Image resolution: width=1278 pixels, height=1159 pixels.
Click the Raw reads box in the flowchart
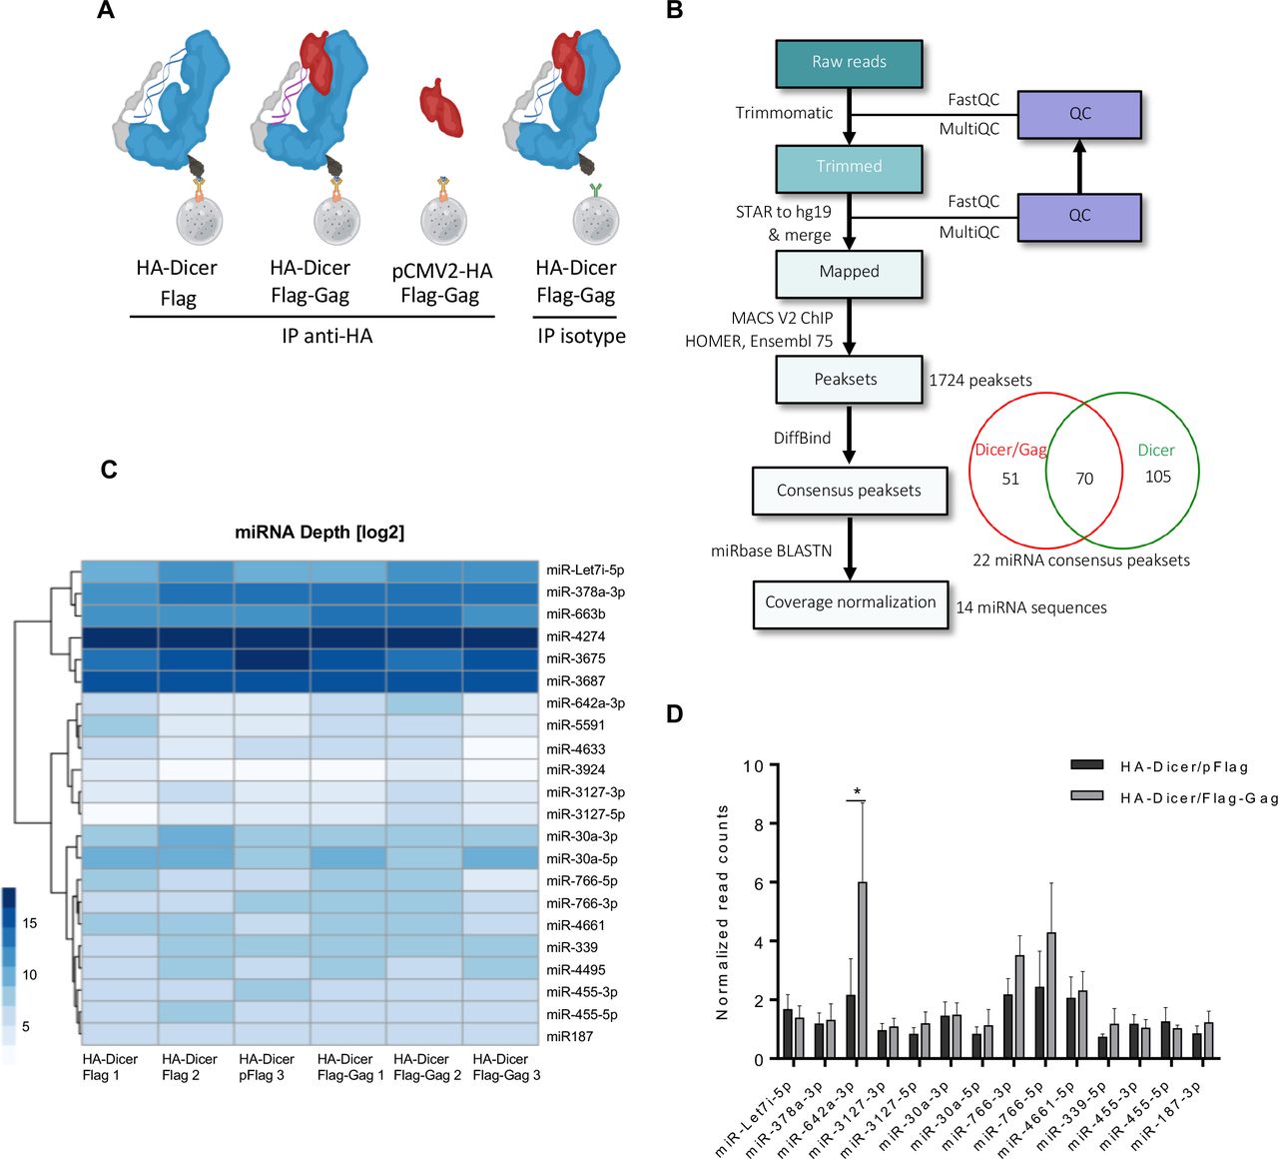coord(849,63)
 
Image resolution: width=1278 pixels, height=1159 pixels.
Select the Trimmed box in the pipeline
coord(849,167)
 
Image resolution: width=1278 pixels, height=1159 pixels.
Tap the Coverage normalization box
coord(850,602)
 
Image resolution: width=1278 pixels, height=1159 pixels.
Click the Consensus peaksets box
coord(849,491)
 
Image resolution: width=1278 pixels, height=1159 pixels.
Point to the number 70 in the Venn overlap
coord(1084,479)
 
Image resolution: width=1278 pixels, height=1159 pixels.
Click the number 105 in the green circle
coord(1157,477)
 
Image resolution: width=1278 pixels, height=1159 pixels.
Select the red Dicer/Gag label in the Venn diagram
coord(1010,450)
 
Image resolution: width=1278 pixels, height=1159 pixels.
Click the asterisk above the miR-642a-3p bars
coord(857,791)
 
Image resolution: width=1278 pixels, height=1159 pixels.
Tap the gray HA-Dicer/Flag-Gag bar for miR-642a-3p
coord(862,969)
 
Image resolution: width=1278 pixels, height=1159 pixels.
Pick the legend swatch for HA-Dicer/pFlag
coord(1086,766)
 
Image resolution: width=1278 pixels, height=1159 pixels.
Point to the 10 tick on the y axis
coord(753,766)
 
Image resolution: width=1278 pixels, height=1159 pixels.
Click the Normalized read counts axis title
coord(722,912)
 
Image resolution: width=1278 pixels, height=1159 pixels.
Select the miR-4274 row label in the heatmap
coord(575,636)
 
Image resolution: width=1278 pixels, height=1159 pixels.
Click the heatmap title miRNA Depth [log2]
coord(319,533)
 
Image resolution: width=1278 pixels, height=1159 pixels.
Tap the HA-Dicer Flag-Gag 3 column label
coord(506,1067)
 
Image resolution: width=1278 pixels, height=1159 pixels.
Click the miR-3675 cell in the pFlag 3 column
coord(272,658)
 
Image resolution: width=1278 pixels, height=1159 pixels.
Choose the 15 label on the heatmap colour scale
coord(30,923)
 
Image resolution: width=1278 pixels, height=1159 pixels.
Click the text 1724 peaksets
coord(980,381)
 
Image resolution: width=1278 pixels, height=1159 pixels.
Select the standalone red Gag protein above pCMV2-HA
coord(440,107)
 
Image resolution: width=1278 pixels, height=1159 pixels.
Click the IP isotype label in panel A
coord(581,337)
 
